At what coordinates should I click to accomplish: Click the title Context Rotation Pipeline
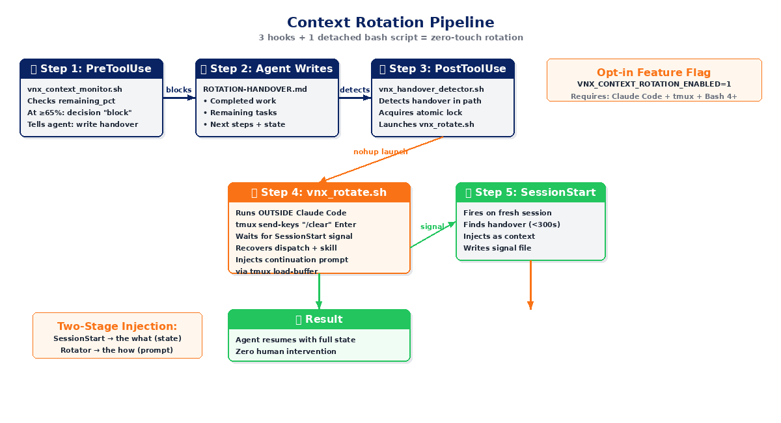click(390, 22)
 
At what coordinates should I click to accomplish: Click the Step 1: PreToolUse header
click(92, 69)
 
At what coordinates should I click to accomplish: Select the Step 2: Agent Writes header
click(267, 69)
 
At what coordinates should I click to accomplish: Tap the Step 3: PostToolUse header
click(443, 69)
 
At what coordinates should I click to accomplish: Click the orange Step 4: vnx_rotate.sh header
click(319, 193)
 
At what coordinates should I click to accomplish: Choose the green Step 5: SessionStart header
click(530, 193)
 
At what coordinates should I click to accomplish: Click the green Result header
click(319, 320)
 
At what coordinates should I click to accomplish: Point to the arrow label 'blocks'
click(178, 90)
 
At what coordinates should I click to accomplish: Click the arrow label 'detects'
click(355, 90)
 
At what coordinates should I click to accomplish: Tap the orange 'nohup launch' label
click(380, 152)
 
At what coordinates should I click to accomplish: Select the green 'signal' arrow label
click(432, 226)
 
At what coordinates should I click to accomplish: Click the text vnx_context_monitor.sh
click(75, 89)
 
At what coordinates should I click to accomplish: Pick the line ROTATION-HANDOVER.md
click(255, 89)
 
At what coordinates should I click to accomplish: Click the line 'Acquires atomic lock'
click(420, 113)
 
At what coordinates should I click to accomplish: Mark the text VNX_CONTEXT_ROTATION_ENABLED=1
click(654, 84)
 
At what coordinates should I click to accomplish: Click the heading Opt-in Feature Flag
click(654, 73)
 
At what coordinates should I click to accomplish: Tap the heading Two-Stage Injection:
click(117, 327)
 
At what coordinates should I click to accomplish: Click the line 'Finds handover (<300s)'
click(512, 225)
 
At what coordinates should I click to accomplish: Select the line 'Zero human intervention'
click(286, 351)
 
